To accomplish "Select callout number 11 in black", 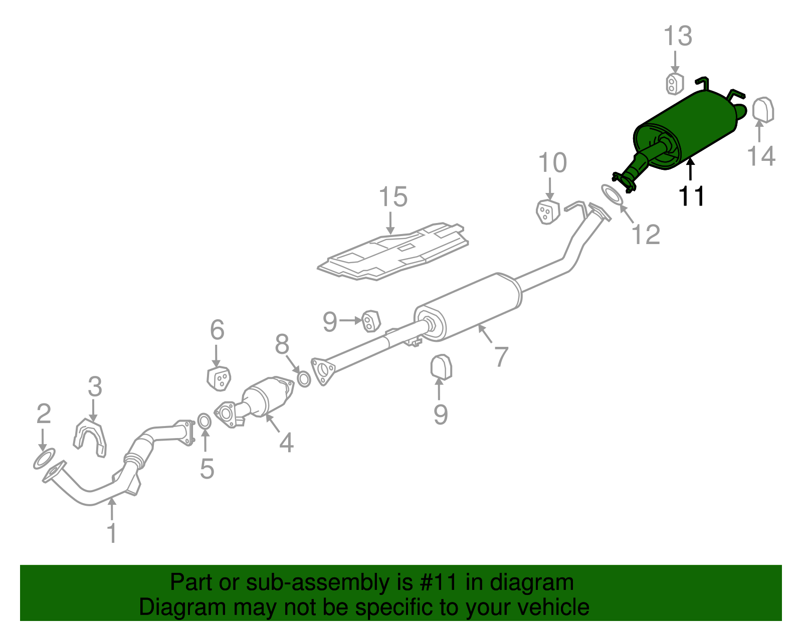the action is pos(691,196).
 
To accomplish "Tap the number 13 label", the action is pos(678,36).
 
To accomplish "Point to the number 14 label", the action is pos(761,156).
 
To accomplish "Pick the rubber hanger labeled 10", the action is pos(548,212).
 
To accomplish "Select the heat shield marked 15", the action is pos(393,252).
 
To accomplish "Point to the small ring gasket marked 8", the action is pos(304,379).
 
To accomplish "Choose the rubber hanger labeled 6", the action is pos(219,378).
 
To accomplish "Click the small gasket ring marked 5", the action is pos(204,422).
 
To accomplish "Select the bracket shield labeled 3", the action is pos(90,438).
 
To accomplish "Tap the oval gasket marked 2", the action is pos(44,459).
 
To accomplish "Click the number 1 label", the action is pos(112,532).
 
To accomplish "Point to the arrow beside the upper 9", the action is pos(350,321).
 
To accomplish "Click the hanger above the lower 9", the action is pos(441,367).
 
